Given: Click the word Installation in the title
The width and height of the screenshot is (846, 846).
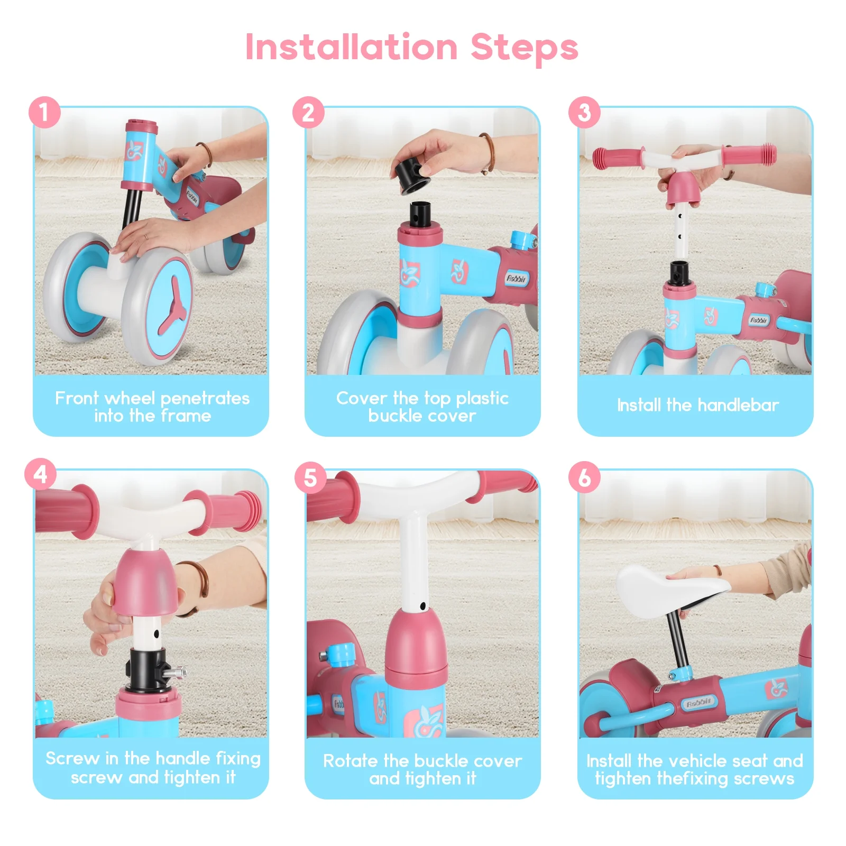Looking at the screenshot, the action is pyautogui.click(x=352, y=47).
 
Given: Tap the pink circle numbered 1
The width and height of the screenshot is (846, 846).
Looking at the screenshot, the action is pyautogui.click(x=44, y=112).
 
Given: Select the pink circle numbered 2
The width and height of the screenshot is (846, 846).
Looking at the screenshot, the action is pyautogui.click(x=308, y=112).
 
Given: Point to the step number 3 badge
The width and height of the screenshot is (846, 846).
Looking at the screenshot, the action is pyautogui.click(x=584, y=112).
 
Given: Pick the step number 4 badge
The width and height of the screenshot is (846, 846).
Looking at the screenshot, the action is pyautogui.click(x=41, y=474).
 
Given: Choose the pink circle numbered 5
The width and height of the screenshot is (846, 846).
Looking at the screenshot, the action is pyautogui.click(x=310, y=477).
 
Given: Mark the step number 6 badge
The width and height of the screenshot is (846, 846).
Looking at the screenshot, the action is pyautogui.click(x=584, y=477).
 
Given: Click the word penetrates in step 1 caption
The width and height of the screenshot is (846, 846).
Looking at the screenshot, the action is pyautogui.click(x=205, y=398).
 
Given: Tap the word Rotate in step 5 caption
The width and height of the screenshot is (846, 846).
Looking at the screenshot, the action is pyautogui.click(x=351, y=761).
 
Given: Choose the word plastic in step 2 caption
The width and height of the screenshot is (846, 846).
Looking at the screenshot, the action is pyautogui.click(x=482, y=398).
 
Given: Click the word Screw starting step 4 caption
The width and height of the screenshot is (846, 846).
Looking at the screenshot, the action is pyautogui.click(x=72, y=758).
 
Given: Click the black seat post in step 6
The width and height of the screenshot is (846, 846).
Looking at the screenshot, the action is pyautogui.click(x=678, y=641).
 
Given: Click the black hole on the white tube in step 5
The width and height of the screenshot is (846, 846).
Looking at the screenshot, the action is pyautogui.click(x=422, y=606).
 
